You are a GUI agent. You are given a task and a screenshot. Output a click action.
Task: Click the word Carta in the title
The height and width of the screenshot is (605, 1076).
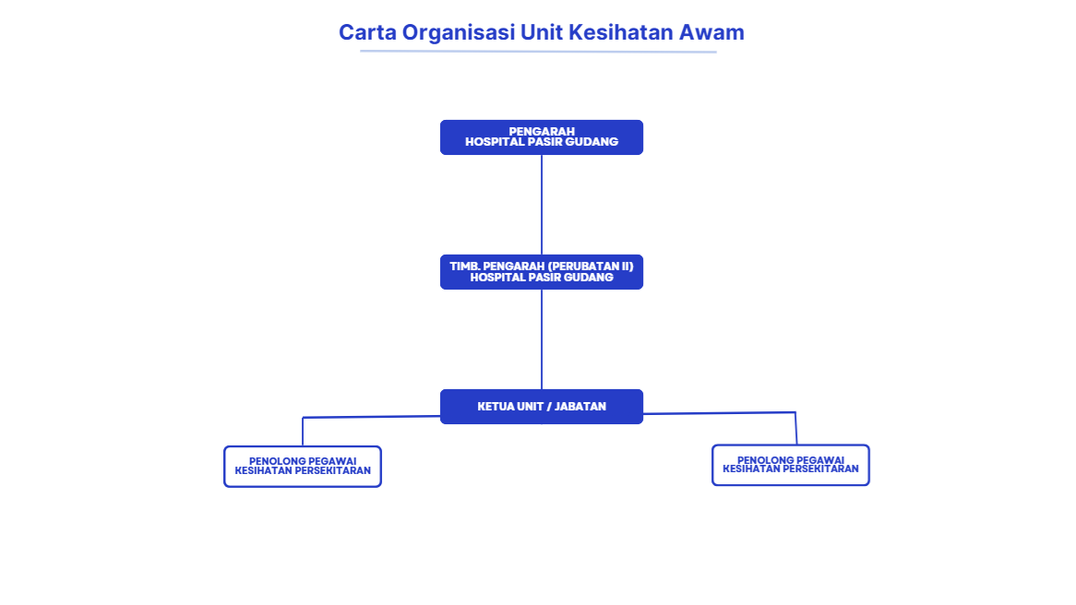[x=367, y=32]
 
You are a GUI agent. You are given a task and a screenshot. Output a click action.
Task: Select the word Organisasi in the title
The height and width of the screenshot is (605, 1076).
[x=459, y=33]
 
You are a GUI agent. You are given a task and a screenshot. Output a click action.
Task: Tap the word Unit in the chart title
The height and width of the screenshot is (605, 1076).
[x=542, y=32]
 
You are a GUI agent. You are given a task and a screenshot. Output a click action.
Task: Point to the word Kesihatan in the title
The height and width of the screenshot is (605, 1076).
[x=621, y=32]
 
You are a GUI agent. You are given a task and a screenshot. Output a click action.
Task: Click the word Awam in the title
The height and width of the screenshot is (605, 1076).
[x=711, y=32]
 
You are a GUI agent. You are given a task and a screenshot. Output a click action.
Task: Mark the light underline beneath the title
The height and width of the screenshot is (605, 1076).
[x=538, y=52]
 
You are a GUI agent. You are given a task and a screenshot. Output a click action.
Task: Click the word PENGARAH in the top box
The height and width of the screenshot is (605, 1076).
[x=542, y=131]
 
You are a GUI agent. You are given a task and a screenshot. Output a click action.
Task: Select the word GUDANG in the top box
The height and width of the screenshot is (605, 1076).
[x=592, y=142]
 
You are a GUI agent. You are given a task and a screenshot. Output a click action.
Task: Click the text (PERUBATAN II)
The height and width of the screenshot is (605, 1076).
[x=591, y=267]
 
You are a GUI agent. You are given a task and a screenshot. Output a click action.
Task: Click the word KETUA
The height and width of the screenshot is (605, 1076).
[x=491, y=407]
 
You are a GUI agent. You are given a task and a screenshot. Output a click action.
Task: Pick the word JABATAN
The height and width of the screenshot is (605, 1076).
[x=580, y=407]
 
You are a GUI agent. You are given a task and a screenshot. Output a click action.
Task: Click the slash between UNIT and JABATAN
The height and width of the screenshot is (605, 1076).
[x=549, y=407]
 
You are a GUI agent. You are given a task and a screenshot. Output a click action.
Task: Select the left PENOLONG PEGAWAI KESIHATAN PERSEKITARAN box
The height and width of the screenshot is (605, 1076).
[x=303, y=447]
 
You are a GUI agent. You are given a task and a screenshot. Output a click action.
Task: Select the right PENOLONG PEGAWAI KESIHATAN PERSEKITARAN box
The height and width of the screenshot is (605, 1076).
[x=791, y=445]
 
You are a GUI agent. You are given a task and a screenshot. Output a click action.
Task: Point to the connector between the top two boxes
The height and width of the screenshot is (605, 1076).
[x=542, y=205]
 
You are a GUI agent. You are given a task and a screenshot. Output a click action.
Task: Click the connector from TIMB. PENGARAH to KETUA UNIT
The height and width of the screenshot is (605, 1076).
[x=542, y=339]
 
